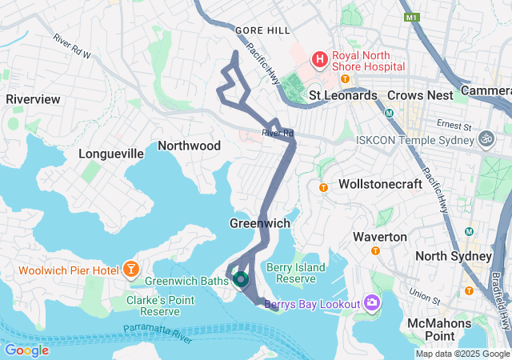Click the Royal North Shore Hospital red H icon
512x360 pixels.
[319, 58]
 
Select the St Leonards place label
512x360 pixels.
[343, 95]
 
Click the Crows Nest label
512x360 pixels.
[420, 95]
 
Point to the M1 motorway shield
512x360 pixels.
[412, 17]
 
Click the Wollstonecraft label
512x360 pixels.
[378, 184]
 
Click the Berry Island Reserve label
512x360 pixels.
[301, 273]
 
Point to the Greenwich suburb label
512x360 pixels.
[259, 223]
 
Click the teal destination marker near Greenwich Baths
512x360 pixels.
[240, 279]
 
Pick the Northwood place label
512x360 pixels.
[189, 146]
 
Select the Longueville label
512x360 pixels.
[110, 154]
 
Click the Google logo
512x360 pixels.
[26, 350]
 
